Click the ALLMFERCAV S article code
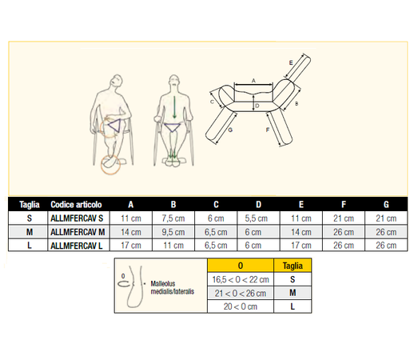click(77, 218)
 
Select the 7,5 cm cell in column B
click(173, 218)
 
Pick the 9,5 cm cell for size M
click(173, 232)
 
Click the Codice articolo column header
click(76, 205)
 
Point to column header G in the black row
click(386, 205)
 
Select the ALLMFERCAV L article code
click(77, 246)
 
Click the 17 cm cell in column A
click(131, 246)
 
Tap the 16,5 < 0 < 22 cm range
click(241, 279)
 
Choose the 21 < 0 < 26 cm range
click(241, 294)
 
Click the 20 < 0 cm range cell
click(241, 306)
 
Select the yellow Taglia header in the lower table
click(293, 266)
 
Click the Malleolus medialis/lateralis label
click(173, 287)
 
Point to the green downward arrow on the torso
click(174, 107)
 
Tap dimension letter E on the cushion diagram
click(291, 63)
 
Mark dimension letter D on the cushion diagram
click(257, 106)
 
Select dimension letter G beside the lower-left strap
click(230, 130)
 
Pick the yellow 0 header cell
click(241, 266)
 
